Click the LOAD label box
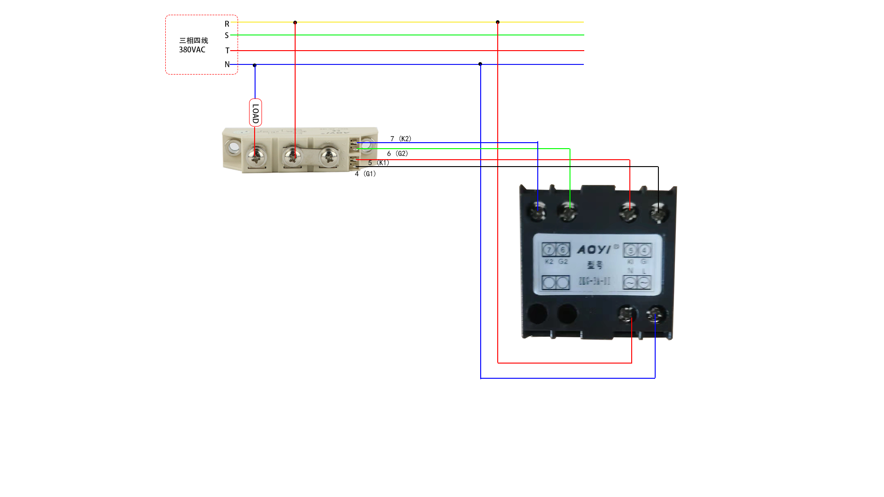256,113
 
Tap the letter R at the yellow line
227,24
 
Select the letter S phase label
227,35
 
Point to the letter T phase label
227,51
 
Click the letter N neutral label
227,64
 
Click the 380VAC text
192,50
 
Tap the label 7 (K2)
401,139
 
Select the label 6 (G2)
397,153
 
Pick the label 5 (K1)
378,162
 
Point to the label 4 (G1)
365,173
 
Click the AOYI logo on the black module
594,249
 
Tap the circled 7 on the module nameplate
549,250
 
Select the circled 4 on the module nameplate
644,250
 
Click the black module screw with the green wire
568,211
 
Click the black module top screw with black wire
658,213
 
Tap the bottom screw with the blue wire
656,315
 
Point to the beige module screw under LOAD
256,157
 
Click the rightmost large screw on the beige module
328,156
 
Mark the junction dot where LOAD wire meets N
255,65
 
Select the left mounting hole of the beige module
233,147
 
